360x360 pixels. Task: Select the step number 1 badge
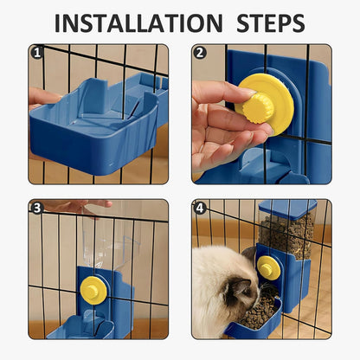pos(36,52)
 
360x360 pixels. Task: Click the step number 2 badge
pos(200,52)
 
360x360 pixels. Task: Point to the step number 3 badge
pos(36,208)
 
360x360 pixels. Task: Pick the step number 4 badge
pos(200,208)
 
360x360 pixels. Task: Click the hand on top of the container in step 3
pos(78,206)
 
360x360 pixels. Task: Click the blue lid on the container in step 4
pos(286,208)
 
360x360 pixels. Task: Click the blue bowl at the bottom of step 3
pos(82,329)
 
